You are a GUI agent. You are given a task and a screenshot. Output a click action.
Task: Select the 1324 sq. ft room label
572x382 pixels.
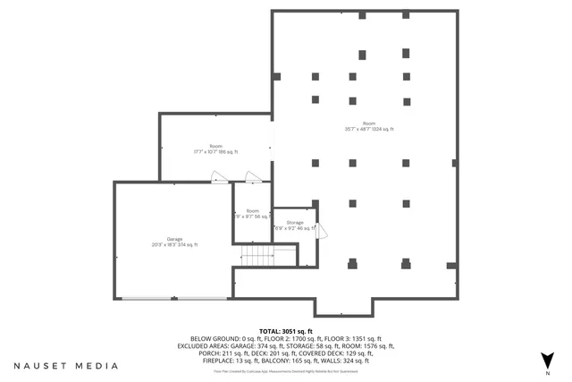click(x=369, y=126)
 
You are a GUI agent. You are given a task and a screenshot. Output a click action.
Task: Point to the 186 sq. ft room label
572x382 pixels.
click(x=215, y=149)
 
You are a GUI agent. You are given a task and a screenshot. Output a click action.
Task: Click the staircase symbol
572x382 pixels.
click(x=257, y=257)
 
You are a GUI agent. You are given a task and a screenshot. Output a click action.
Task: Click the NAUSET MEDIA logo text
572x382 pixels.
click(x=65, y=366)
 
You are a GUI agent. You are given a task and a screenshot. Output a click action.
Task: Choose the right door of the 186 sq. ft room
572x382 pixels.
click(x=254, y=178)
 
